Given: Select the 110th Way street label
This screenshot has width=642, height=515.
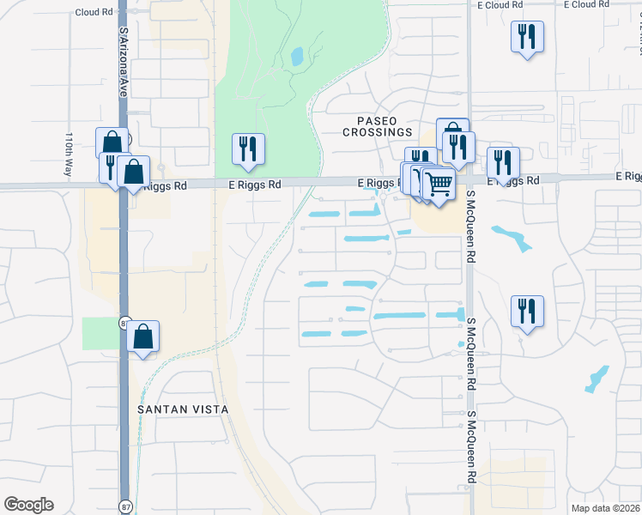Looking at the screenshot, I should (x=69, y=154).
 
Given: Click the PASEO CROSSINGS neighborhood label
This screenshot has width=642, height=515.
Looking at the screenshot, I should (x=378, y=126).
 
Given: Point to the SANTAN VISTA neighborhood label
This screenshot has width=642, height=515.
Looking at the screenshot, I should (x=183, y=409).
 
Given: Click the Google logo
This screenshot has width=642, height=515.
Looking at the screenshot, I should (x=28, y=505).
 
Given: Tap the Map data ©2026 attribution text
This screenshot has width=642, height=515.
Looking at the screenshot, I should (x=605, y=508).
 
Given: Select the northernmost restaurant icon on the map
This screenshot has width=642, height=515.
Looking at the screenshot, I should (x=527, y=37).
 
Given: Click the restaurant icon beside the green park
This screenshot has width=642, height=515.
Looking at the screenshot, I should (x=248, y=149).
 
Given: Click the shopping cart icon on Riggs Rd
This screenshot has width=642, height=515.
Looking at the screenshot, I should (x=439, y=183).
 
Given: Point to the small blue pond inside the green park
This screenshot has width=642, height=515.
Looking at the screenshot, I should (x=297, y=57).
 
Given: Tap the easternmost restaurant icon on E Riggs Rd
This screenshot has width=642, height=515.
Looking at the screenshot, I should (x=503, y=163).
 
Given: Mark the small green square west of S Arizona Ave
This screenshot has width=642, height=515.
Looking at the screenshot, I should (x=99, y=333).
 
